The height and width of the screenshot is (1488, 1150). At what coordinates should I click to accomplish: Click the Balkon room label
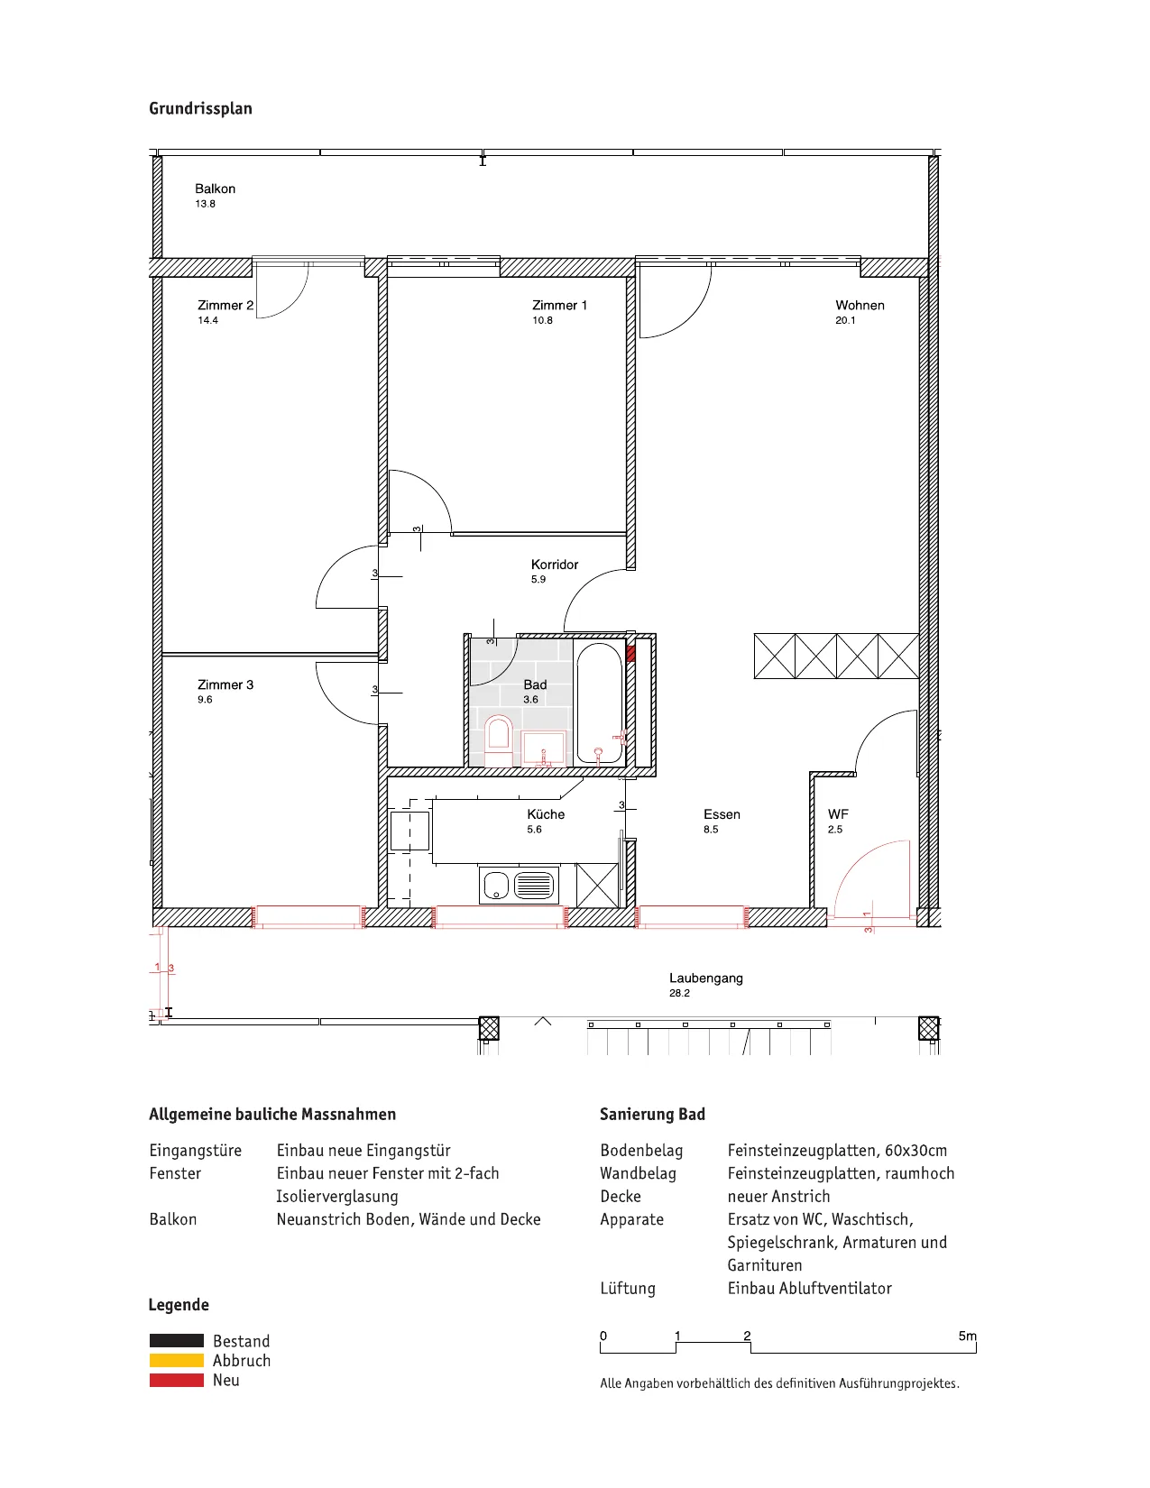215,188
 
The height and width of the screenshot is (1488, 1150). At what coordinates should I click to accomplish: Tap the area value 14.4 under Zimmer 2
207,320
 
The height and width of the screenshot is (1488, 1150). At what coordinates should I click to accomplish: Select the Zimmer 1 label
559,305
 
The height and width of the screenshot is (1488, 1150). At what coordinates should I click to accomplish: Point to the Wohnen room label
860,305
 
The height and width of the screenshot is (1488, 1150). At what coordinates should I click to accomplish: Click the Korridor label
554,565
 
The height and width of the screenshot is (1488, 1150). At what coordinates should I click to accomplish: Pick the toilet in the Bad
498,741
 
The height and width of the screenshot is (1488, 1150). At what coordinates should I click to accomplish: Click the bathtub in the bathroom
599,703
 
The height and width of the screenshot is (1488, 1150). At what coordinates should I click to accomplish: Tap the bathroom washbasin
543,749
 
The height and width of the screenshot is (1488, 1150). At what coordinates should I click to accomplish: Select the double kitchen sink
519,885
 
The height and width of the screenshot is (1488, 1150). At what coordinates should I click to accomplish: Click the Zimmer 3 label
225,684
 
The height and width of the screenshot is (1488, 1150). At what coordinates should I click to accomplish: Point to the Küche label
545,814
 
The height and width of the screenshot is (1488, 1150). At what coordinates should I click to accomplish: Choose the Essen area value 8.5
710,830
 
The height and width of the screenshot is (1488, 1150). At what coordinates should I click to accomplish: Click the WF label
838,814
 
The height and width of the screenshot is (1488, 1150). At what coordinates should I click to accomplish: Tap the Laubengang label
705,978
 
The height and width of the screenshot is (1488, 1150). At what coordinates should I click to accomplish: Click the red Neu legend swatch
177,1380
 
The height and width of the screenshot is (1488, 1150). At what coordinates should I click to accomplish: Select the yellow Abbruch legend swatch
177,1360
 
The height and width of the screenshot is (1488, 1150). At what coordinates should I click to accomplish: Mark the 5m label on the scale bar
967,1336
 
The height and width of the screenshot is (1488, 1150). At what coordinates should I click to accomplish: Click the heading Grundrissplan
200,108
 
